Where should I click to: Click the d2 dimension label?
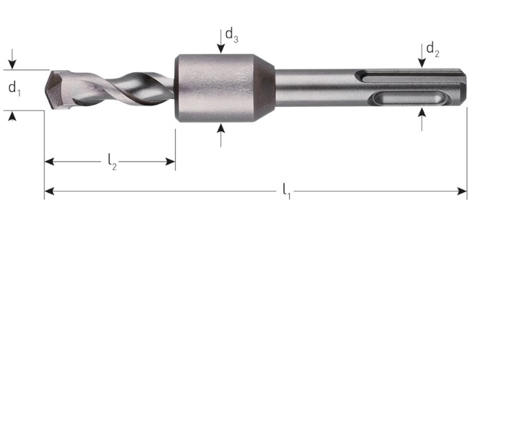(x=433, y=50)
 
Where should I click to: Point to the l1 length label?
(x=286, y=191)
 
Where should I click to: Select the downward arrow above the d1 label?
(x=12, y=63)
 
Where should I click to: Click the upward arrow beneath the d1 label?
(x=12, y=116)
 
